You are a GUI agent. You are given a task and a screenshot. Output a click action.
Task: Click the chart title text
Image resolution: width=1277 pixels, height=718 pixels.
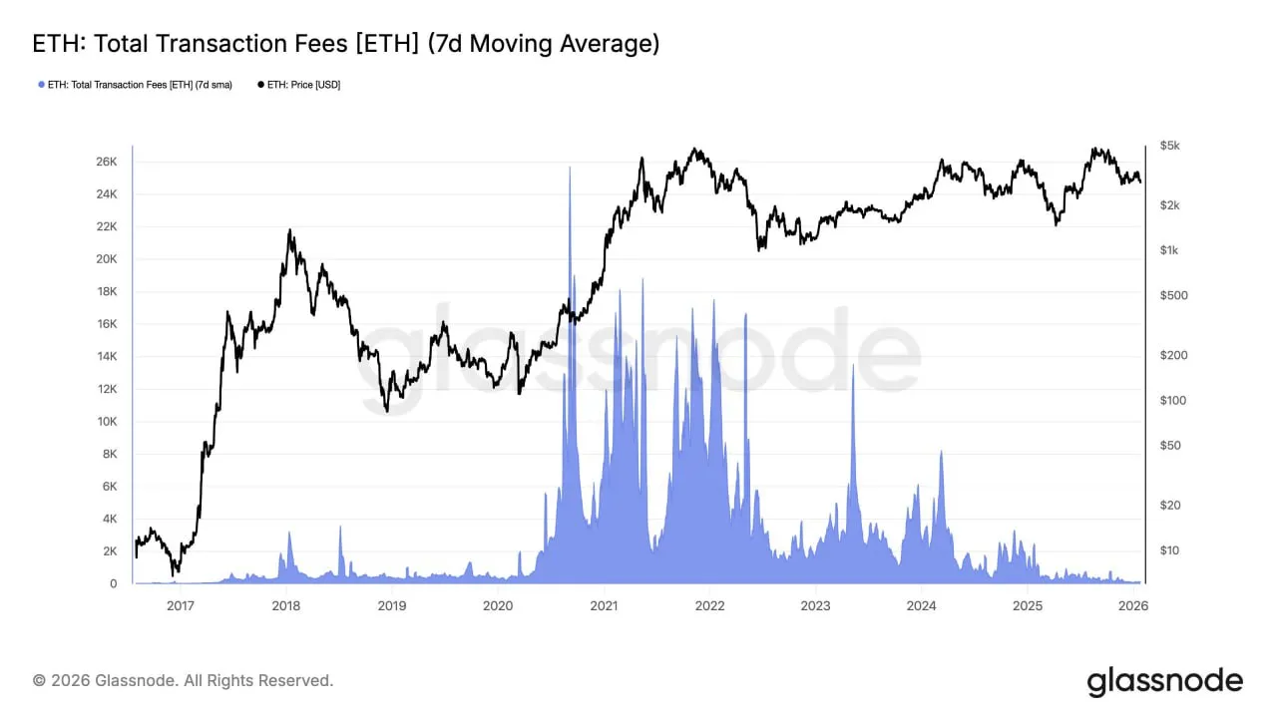[x=346, y=45]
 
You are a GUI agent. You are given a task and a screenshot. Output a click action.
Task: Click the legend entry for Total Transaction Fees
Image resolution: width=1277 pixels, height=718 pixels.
[x=140, y=85]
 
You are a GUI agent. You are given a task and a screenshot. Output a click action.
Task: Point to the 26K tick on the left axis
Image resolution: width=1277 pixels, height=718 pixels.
[x=105, y=162]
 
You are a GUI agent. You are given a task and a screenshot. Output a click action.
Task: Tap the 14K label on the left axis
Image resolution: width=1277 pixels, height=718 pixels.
[x=105, y=356]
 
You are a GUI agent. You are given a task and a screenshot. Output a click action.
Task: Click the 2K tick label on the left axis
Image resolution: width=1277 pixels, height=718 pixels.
[x=109, y=551]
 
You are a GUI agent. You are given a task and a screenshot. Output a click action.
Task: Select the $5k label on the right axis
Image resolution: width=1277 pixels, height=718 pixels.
[x=1170, y=147]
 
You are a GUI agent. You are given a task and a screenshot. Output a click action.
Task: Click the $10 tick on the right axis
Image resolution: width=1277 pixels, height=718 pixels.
[x=1169, y=550]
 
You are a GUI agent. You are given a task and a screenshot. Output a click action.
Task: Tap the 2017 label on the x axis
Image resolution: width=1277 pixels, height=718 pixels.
[x=180, y=605]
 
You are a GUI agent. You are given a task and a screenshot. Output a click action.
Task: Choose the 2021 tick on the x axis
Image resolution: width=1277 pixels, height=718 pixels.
[x=604, y=605]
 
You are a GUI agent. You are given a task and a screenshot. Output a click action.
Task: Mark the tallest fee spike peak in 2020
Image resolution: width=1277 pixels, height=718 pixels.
[x=570, y=169]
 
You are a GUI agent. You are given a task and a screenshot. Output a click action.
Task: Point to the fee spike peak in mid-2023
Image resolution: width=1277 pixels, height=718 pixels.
[x=853, y=366]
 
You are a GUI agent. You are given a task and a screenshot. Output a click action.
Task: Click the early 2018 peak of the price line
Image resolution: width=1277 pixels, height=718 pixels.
[x=290, y=231]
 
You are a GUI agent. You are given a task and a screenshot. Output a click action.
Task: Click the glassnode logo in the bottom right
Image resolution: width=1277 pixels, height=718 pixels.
[x=1164, y=681]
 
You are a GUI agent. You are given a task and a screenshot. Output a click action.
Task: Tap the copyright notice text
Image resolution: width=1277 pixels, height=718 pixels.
[x=184, y=680]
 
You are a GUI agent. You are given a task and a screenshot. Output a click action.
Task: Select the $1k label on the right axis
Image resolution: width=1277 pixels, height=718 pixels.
[x=1168, y=250]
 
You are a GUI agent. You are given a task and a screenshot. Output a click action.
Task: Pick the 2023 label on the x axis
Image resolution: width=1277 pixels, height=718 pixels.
[x=815, y=605]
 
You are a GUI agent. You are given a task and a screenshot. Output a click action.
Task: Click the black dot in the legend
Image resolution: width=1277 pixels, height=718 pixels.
[x=261, y=85]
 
